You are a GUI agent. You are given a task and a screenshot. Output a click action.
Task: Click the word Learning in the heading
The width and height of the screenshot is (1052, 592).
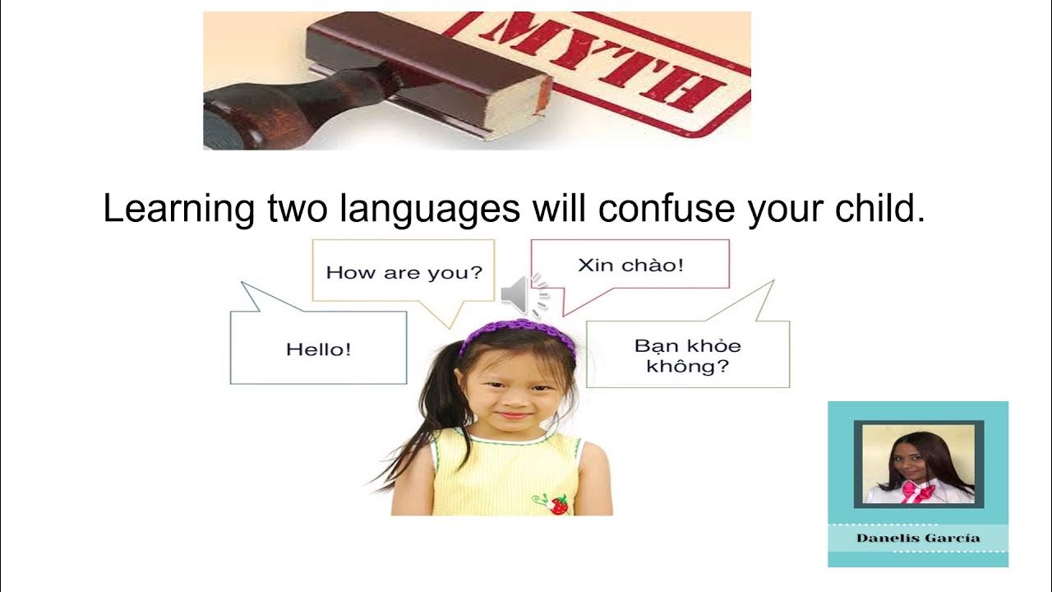point(178,209)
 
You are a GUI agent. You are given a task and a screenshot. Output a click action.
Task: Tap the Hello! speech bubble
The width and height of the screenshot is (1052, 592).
point(319,349)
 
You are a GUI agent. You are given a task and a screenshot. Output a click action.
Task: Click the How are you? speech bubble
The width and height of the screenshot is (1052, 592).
point(404,272)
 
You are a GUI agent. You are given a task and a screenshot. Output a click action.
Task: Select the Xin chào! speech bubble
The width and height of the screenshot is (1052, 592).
point(630,265)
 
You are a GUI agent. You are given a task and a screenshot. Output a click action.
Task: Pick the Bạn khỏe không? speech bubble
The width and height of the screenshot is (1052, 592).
point(687,356)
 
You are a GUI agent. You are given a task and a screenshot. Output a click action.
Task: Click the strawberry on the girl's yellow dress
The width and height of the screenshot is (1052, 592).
point(558,504)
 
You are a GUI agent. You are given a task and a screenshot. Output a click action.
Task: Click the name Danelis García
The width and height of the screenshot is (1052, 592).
point(917,538)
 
